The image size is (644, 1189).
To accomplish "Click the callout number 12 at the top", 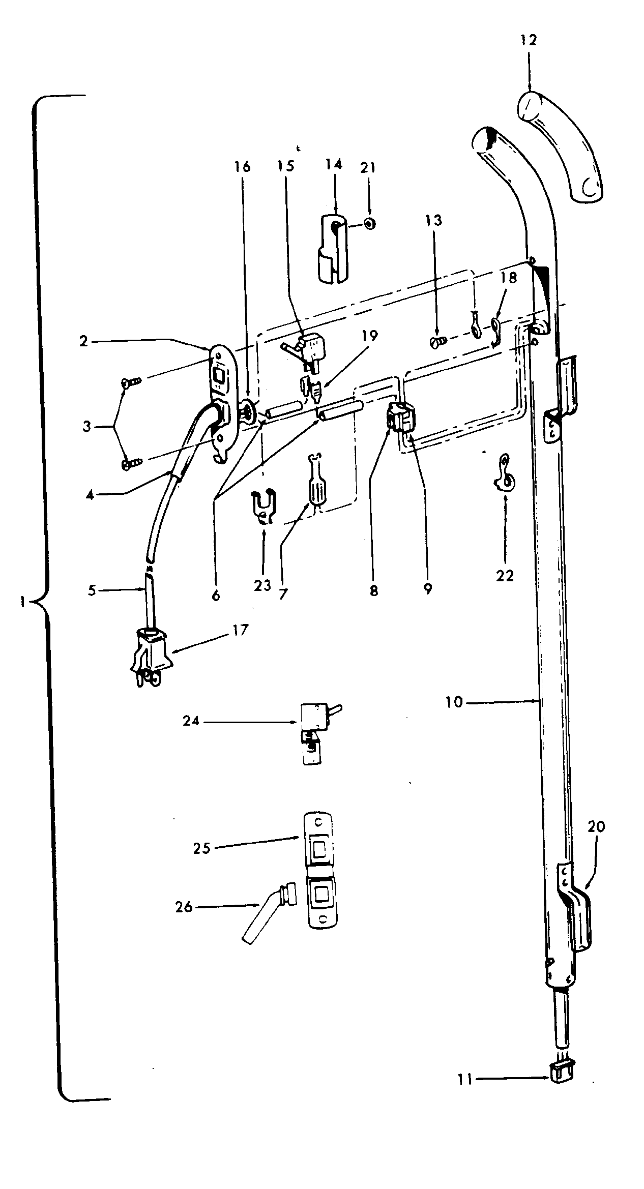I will click(x=529, y=41).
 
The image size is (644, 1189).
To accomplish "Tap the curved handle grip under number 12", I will click(x=562, y=147).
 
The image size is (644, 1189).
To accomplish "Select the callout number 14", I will click(x=334, y=164).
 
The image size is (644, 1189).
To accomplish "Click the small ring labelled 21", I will click(x=370, y=223).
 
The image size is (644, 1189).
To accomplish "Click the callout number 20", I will click(x=596, y=827).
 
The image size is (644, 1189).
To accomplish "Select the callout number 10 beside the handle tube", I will click(x=454, y=702).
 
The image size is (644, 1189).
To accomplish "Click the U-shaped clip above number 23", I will click(x=265, y=506).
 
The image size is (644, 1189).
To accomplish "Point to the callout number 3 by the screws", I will click(x=87, y=426).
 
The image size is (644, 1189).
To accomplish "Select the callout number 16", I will click(x=243, y=167).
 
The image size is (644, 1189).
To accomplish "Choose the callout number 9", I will click(x=427, y=588).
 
